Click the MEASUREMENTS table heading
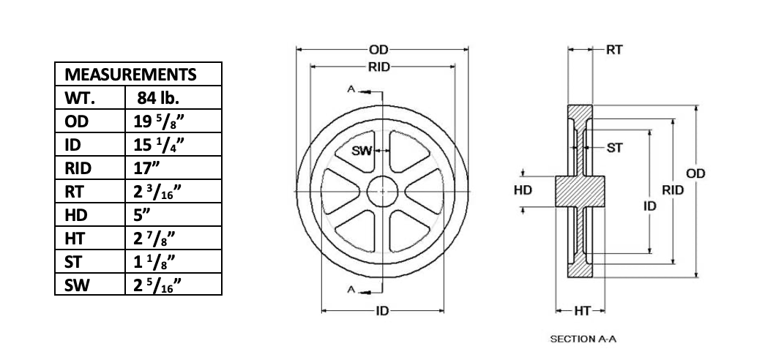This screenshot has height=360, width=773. pyautogui.click(x=131, y=75)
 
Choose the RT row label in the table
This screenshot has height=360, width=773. pyautogui.click(x=73, y=192)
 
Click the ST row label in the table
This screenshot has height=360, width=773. pyautogui.click(x=73, y=262)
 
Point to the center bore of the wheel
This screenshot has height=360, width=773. pyautogui.click(x=381, y=191)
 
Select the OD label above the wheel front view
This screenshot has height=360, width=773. pyautogui.click(x=378, y=50)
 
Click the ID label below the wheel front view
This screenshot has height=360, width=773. pyautogui.click(x=381, y=311)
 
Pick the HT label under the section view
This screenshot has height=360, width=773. pyautogui.click(x=583, y=311)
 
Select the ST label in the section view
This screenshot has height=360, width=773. pyautogui.click(x=615, y=148)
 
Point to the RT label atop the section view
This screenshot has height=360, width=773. pyautogui.click(x=614, y=50)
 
